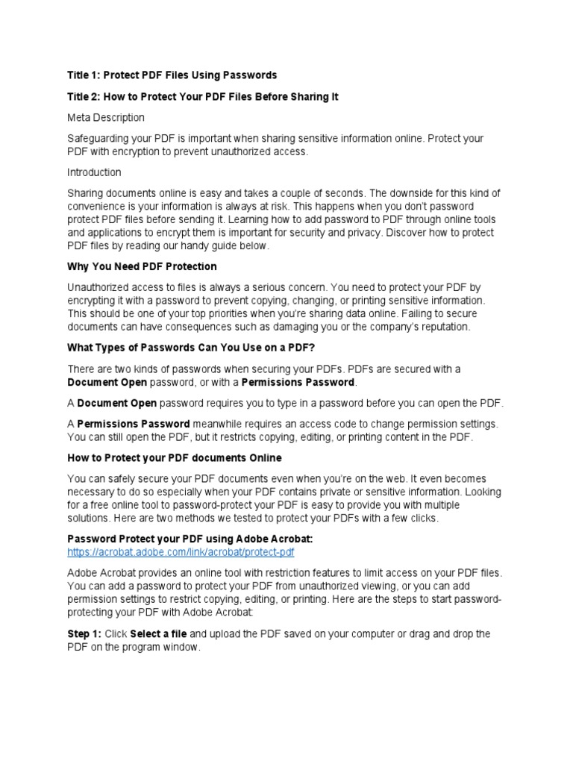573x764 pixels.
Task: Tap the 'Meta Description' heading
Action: pyautogui.click(x=106, y=118)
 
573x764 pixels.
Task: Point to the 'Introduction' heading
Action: pyautogui.click(x=94, y=172)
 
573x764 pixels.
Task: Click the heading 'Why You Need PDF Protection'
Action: pyautogui.click(x=142, y=266)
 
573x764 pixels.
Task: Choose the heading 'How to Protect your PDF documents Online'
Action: pyautogui.click(x=175, y=457)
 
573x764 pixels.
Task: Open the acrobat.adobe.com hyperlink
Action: pyautogui.click(x=181, y=551)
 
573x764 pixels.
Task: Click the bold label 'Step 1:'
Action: pyautogui.click(x=84, y=634)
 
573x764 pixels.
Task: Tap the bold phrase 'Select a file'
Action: pyautogui.click(x=158, y=634)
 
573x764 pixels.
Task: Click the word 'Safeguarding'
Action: pyautogui.click(x=101, y=140)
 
